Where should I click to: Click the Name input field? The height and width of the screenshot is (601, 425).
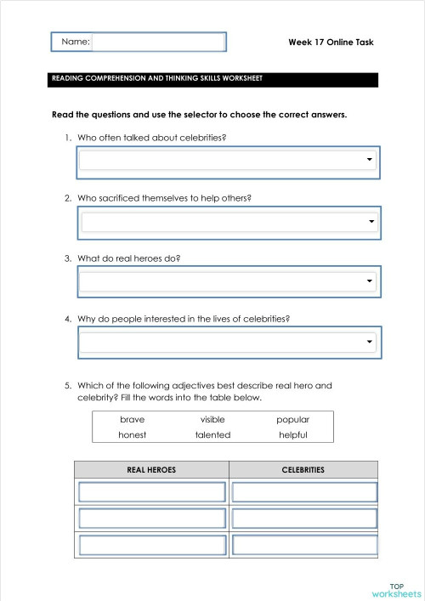tap(158, 43)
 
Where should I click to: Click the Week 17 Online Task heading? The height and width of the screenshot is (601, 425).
tap(331, 43)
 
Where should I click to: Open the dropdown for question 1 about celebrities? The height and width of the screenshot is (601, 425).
tap(228, 160)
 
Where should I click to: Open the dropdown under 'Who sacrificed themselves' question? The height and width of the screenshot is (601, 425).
tap(228, 223)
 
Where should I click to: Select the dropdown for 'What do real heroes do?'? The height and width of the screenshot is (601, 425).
tap(228, 281)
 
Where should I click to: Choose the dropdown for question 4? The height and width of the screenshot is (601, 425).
tap(228, 342)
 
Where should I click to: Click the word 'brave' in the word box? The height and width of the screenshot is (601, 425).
tap(133, 420)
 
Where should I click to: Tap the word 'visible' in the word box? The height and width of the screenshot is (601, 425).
tap(212, 420)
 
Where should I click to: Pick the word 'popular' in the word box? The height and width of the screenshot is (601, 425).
tap(292, 420)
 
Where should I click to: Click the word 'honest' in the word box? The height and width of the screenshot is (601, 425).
tap(133, 435)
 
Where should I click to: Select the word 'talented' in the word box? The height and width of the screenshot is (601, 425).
tap(212, 435)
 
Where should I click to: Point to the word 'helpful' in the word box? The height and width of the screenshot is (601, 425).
tap(292, 435)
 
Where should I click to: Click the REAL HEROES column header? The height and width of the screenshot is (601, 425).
tap(151, 469)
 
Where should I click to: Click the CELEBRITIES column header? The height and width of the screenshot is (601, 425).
tap(303, 469)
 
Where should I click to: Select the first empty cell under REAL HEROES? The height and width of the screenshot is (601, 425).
tap(151, 492)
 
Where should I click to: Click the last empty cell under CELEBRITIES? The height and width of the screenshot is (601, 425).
tap(304, 544)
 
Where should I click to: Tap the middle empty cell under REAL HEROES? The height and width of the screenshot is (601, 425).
tap(151, 518)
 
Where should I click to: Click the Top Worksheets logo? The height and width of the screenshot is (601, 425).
tap(396, 590)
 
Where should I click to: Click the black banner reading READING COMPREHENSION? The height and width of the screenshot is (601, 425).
tap(212, 79)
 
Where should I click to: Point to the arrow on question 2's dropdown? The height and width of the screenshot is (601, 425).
tap(371, 223)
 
